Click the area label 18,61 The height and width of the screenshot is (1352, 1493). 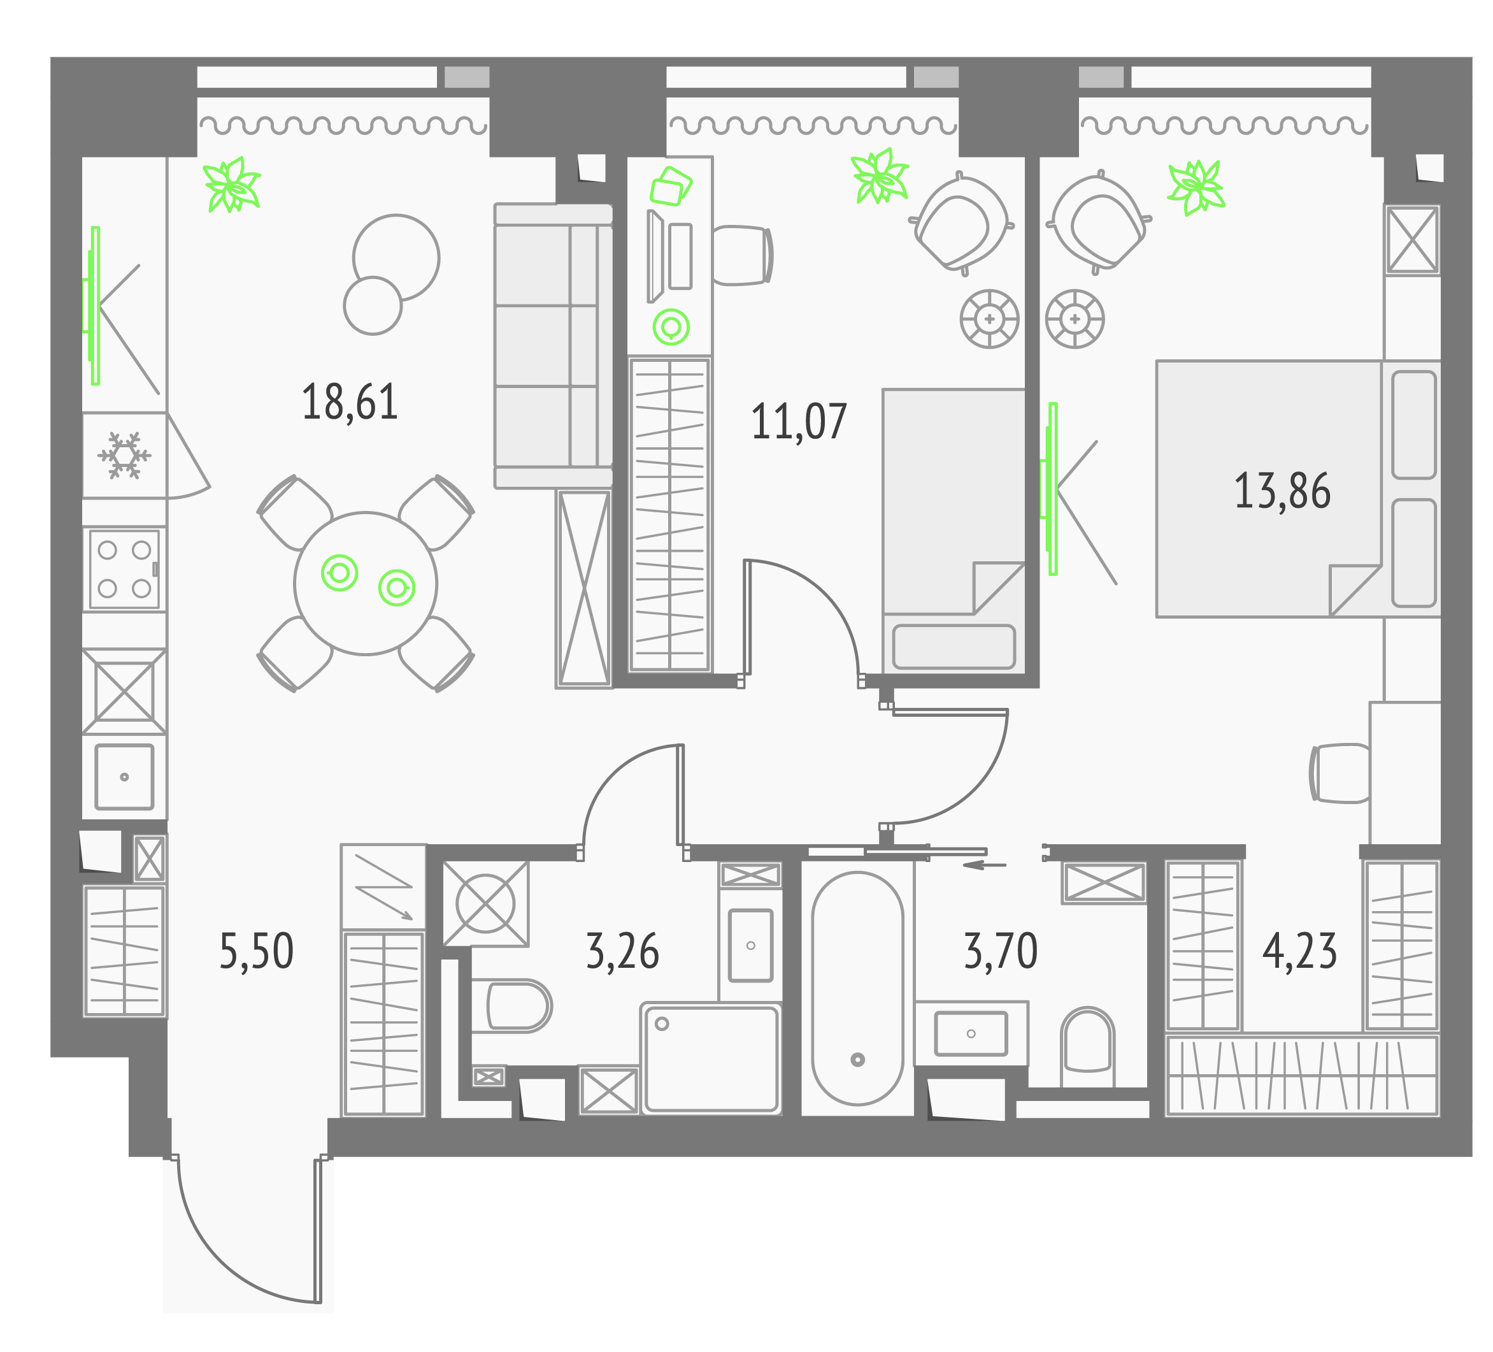(350, 402)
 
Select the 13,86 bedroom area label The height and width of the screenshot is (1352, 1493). (1282, 491)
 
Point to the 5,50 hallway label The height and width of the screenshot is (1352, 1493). (256, 951)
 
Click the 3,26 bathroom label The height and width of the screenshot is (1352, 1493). (622, 951)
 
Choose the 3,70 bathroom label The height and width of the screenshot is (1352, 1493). (1001, 951)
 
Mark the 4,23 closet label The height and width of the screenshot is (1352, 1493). (1300, 951)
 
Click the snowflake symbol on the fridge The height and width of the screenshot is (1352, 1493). (124, 456)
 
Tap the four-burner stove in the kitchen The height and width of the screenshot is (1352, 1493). (124, 569)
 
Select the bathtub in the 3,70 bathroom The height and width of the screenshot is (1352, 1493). (857, 988)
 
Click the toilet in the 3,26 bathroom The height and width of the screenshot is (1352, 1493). (511, 1006)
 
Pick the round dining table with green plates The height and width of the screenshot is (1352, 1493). (365, 584)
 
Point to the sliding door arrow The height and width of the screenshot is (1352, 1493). (984, 865)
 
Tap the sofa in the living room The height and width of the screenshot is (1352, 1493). (554, 346)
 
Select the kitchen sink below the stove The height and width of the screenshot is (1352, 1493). (124, 777)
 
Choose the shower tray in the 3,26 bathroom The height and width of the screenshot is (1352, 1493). (711, 1059)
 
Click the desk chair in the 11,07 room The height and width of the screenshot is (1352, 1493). (742, 255)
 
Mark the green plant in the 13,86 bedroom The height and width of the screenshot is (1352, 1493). (1196, 187)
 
